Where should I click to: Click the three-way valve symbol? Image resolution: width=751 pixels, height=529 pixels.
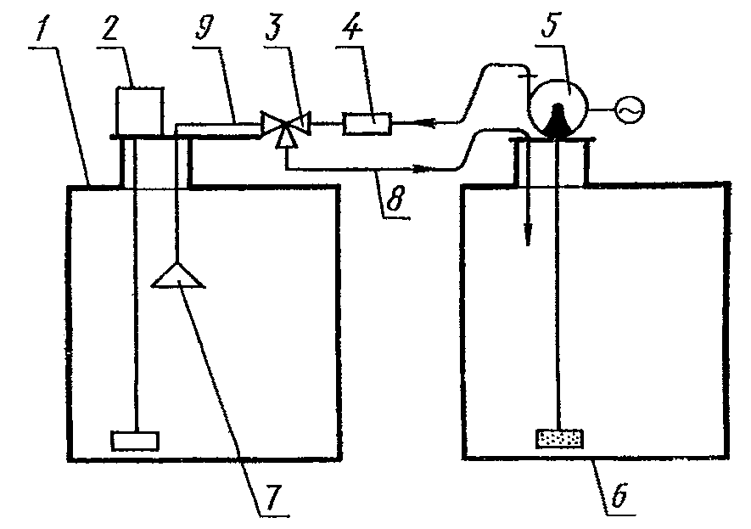pos(284,126)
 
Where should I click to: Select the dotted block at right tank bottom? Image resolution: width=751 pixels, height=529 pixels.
pos(558,438)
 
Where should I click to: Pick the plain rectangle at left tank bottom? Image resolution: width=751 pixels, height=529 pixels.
pos(136,440)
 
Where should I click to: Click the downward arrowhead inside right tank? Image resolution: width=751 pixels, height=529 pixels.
pos(528,236)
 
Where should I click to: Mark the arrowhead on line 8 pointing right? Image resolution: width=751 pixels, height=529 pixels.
pos(419,168)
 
